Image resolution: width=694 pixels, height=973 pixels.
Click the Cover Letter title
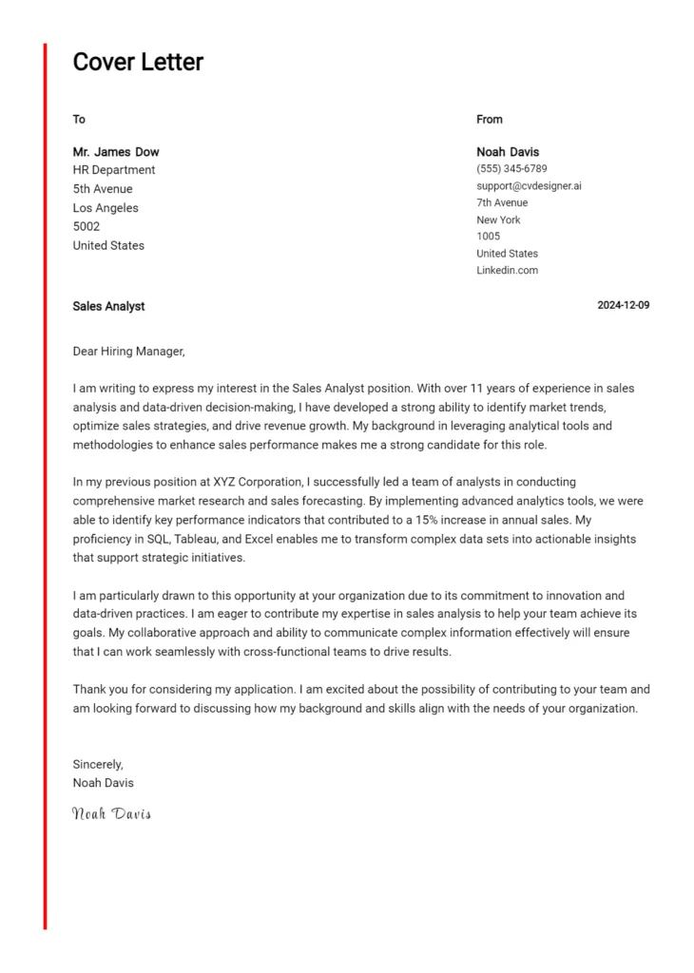click(138, 63)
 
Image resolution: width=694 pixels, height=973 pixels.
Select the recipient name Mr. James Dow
click(116, 152)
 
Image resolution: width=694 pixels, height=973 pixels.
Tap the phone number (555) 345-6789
click(511, 169)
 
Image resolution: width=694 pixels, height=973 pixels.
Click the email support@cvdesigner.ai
click(529, 186)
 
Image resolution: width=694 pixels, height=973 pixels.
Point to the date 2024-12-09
click(623, 306)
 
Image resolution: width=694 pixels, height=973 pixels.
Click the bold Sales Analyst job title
click(108, 307)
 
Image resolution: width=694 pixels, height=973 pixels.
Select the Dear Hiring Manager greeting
click(128, 352)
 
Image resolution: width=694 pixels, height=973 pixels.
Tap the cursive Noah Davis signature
click(111, 813)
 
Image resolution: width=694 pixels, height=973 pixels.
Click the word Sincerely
click(98, 765)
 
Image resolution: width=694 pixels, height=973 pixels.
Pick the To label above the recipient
click(79, 120)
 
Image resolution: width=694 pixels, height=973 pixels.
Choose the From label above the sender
click(490, 120)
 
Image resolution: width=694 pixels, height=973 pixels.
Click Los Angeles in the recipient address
click(106, 208)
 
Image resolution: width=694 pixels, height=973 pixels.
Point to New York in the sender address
click(498, 219)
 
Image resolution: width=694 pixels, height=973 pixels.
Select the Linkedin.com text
click(507, 271)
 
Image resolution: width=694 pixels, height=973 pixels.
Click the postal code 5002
click(87, 227)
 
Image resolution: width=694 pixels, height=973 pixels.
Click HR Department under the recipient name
click(114, 170)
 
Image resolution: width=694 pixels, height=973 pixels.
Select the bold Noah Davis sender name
click(508, 152)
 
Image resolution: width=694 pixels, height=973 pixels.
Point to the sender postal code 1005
click(489, 237)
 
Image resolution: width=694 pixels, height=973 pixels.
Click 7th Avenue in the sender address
click(502, 203)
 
